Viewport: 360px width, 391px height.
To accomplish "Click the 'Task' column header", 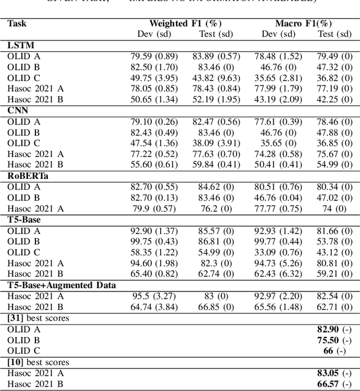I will pyautogui.click(x=17, y=24).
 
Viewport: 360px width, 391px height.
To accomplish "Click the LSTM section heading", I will pyautogui.click(x=20, y=46).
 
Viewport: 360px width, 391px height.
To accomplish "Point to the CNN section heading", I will pyautogui.click(x=17, y=110).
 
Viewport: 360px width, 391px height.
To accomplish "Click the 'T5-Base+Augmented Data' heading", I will pyautogui.click(x=61, y=285).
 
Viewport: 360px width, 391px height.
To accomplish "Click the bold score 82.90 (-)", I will pyautogui.click(x=334, y=329).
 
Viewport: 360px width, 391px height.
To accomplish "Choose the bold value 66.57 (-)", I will pyautogui.click(x=334, y=383).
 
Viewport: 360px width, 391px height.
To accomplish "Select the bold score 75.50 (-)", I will pyautogui.click(x=334, y=340).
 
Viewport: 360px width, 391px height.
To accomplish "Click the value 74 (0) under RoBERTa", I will pyautogui.click(x=334, y=208).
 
